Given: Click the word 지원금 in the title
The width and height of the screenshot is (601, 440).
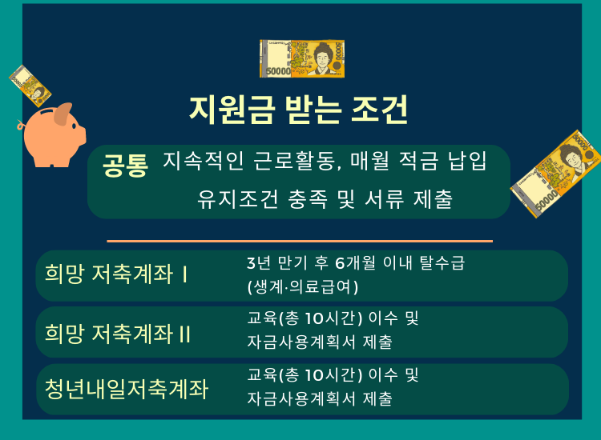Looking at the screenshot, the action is pyautogui.click(x=232, y=110).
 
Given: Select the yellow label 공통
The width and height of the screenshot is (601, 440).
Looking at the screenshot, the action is pyautogui.click(x=125, y=166).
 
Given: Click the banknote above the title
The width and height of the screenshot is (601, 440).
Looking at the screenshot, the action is pyautogui.click(x=302, y=58).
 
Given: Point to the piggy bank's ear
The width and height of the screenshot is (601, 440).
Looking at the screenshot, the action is pyautogui.click(x=63, y=114).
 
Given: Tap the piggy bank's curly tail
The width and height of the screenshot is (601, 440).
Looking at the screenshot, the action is pyautogui.click(x=20, y=125).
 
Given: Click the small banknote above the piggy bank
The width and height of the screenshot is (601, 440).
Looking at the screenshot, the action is pyautogui.click(x=30, y=86).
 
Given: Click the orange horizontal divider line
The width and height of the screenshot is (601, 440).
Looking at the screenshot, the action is pyautogui.click(x=300, y=241).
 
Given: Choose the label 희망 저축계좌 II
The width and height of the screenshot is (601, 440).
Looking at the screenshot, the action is pyautogui.click(x=118, y=334).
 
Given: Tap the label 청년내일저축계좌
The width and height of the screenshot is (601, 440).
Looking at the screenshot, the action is pyautogui.click(x=127, y=389).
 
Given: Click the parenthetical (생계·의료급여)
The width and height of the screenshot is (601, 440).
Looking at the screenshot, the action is pyautogui.click(x=303, y=286).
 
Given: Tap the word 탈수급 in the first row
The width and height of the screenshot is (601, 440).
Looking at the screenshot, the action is pyautogui.click(x=442, y=263).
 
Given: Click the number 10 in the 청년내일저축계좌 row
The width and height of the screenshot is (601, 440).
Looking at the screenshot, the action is pyautogui.click(x=315, y=375).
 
